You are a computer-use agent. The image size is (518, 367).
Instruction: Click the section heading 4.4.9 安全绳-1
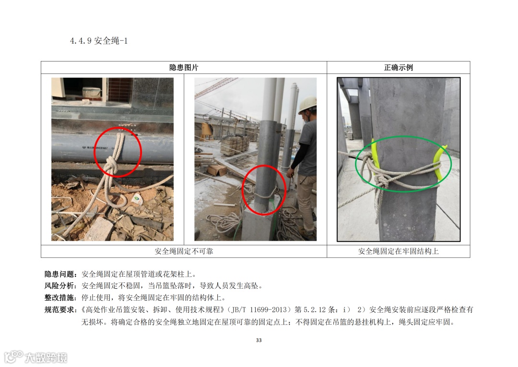point(99,41)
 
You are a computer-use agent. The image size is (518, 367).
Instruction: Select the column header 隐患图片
point(184,68)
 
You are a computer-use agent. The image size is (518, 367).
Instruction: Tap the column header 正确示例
point(399,68)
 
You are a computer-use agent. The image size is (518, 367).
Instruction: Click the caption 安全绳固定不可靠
point(184,251)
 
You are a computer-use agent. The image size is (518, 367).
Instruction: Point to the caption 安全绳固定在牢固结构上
point(399,251)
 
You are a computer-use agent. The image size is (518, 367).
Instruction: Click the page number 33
point(259,340)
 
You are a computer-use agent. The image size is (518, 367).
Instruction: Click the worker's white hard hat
point(307,105)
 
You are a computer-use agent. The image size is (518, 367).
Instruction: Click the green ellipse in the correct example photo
point(403,136)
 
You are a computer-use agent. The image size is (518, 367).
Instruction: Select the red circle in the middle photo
point(264,165)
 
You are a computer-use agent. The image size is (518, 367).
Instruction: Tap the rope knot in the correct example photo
point(383,182)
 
